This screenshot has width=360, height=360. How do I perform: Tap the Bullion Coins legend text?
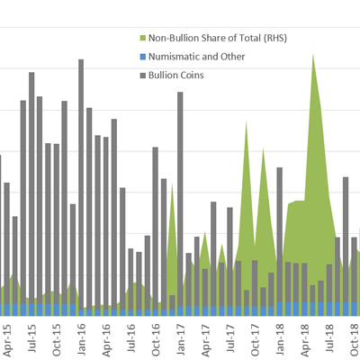coord(177,75)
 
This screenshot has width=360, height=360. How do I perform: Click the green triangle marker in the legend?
coord(144,39)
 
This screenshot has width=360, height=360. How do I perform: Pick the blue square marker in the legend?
coord(144,57)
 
